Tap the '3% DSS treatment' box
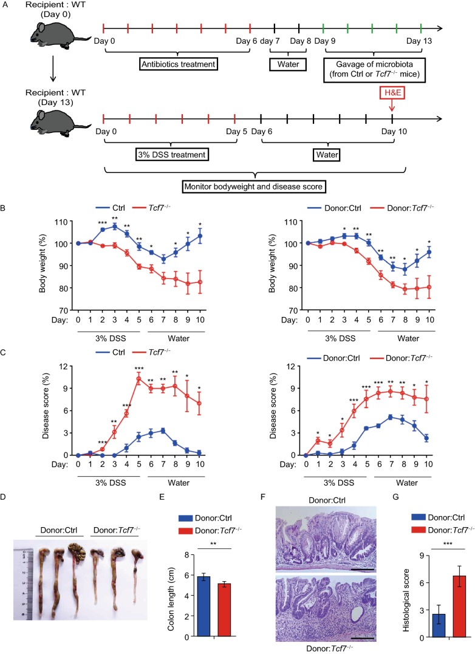click(x=173, y=155)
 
